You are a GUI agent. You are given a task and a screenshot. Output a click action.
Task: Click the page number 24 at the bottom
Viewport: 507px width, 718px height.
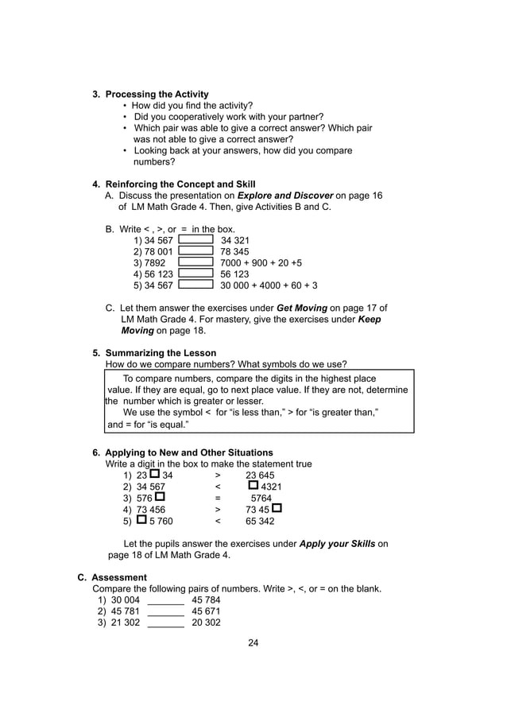point(253,642)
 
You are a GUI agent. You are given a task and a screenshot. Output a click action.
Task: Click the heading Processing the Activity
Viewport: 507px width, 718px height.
point(157,94)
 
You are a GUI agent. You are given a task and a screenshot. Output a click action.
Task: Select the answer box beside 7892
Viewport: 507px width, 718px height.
point(196,262)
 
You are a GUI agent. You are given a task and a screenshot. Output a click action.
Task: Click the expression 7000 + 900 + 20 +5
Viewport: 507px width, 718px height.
point(261,262)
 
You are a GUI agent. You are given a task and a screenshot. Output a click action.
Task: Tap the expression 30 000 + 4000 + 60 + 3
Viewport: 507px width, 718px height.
point(269,285)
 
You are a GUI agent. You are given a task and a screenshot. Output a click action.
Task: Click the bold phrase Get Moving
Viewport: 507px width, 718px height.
point(301,308)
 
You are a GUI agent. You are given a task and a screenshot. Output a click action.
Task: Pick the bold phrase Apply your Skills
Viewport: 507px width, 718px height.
point(337,544)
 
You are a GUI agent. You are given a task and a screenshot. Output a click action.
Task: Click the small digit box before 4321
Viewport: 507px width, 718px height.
point(253,485)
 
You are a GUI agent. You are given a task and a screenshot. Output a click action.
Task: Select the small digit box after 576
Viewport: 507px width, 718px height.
point(160,498)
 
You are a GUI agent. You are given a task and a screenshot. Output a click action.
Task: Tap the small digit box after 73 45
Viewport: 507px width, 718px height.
point(277,509)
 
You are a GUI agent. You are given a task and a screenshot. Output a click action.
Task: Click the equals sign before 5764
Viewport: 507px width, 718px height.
point(217,499)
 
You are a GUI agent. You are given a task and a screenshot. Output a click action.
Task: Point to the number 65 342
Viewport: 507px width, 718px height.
point(260,522)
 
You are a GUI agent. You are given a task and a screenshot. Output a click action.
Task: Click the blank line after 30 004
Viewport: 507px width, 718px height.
point(165,600)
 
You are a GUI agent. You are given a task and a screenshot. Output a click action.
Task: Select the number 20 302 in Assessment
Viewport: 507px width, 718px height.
point(206,623)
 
